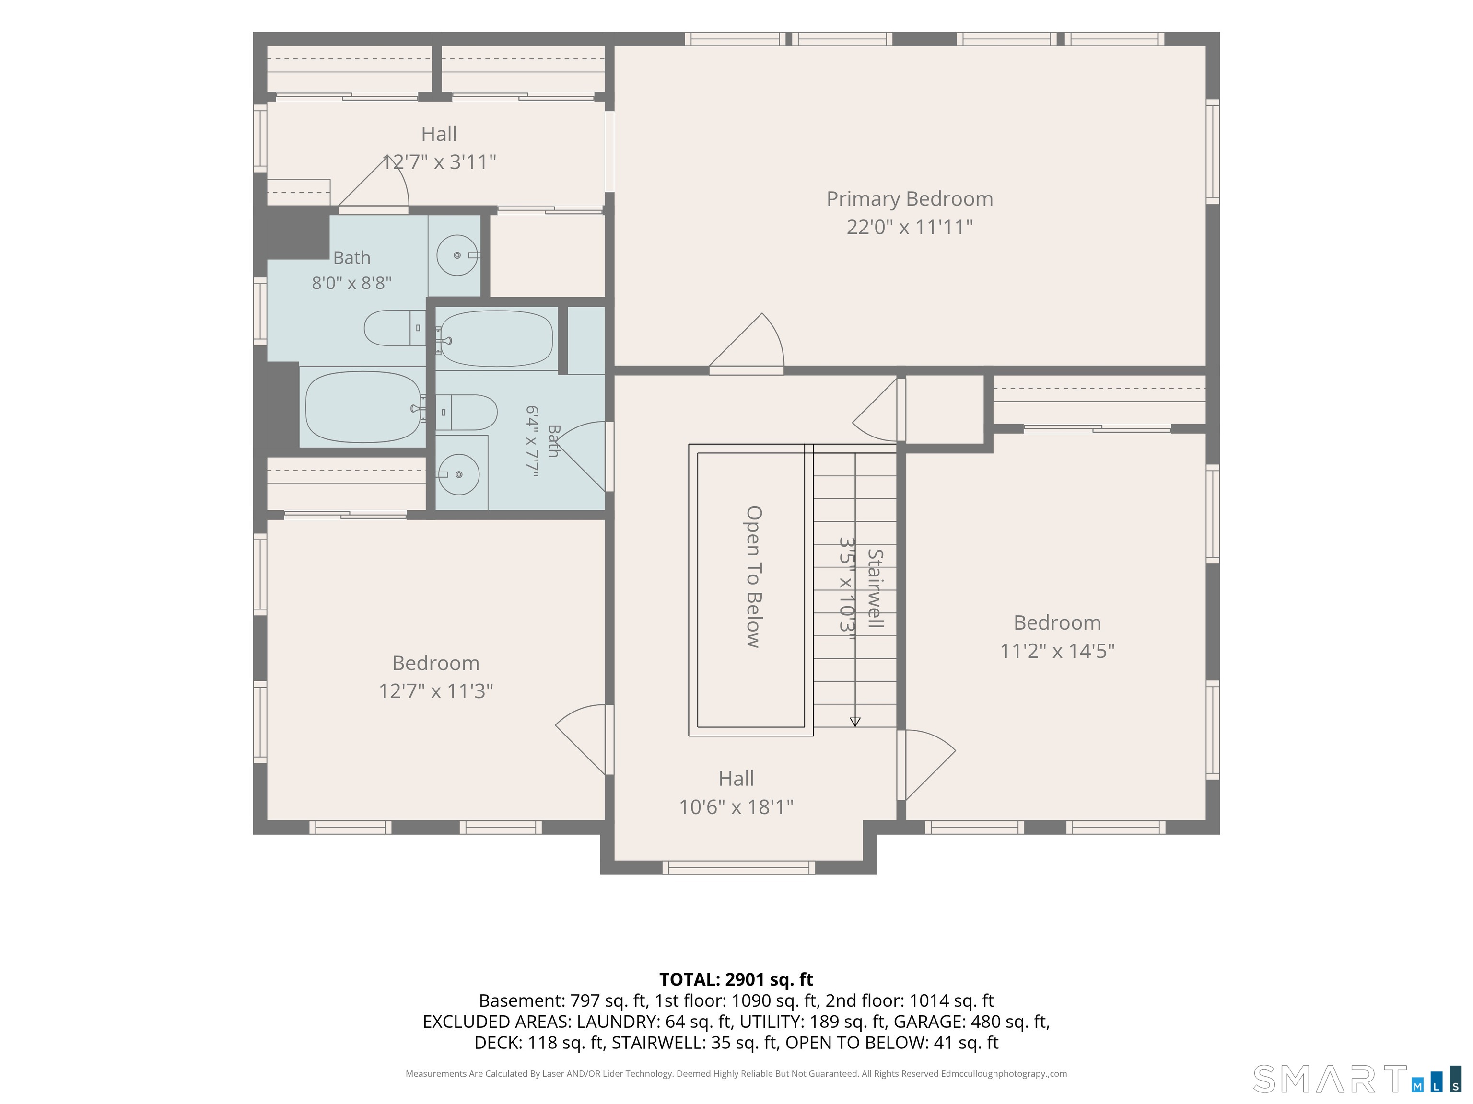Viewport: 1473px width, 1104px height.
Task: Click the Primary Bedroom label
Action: tap(910, 199)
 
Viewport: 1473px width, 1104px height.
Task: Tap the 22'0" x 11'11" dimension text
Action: tap(910, 227)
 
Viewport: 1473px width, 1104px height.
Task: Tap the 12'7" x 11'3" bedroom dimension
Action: tap(436, 691)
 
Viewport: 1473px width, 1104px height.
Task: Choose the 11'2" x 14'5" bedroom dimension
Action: tap(1057, 650)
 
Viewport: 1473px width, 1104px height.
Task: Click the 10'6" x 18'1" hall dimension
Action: tap(736, 806)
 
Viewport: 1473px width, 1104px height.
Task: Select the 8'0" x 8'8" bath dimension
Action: tap(351, 283)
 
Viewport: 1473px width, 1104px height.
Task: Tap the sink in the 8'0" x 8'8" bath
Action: tap(457, 255)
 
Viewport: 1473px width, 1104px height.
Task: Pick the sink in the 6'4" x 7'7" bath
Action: tap(458, 474)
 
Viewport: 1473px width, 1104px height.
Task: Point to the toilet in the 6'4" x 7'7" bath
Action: tap(466, 412)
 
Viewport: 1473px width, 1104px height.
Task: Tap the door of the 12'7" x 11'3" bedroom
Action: tap(581, 739)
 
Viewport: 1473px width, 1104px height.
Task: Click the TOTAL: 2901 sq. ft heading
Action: tap(736, 979)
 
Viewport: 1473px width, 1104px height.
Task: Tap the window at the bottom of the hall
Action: tap(738, 867)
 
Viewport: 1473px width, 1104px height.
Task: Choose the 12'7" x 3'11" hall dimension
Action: tap(440, 161)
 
